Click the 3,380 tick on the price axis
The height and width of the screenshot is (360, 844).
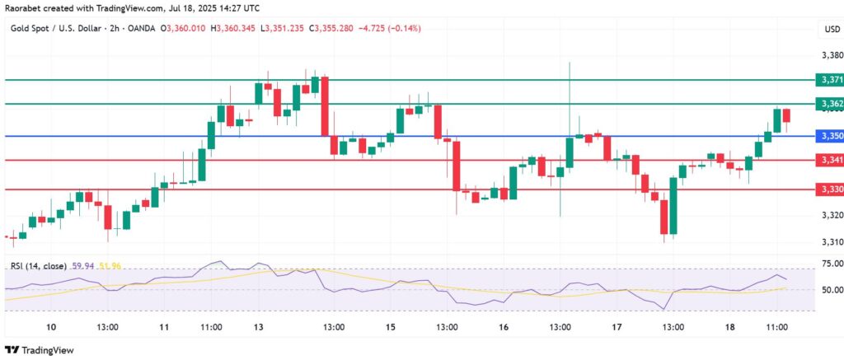tap(832, 56)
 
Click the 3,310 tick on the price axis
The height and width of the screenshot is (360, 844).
tap(832, 241)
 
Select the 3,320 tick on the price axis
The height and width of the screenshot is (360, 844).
tap(832, 216)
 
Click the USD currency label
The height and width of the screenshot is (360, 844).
tap(831, 30)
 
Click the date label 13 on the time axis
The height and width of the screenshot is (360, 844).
tap(258, 327)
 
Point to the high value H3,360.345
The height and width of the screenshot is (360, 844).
tap(232, 29)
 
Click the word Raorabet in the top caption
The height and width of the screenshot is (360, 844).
tap(24, 8)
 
